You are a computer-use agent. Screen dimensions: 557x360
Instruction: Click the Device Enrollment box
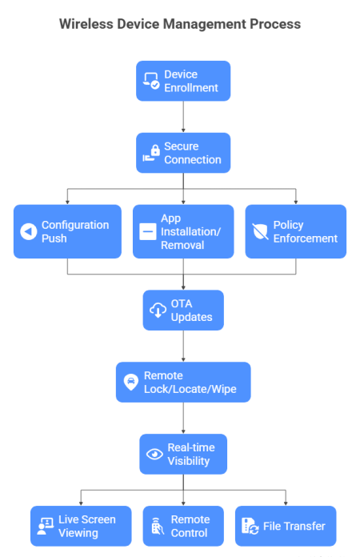(x=183, y=81)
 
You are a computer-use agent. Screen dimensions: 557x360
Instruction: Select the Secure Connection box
(x=183, y=153)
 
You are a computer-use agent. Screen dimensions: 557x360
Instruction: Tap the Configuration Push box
(x=67, y=231)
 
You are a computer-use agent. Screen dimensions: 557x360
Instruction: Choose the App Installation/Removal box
(x=183, y=231)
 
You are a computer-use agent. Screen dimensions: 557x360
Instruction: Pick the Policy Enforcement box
(x=296, y=231)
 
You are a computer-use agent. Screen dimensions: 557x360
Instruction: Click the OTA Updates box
(x=183, y=311)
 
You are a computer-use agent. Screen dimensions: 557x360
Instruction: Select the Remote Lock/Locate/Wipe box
(x=183, y=383)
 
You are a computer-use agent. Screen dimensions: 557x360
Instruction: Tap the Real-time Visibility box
(x=183, y=454)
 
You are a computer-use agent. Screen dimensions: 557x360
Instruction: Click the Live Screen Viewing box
(x=81, y=526)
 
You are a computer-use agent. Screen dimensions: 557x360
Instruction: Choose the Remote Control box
(x=183, y=526)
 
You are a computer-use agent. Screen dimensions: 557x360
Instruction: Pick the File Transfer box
(x=286, y=526)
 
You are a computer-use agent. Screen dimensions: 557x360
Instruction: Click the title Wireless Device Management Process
(x=180, y=24)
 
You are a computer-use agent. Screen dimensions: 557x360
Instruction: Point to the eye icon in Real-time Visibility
(x=154, y=454)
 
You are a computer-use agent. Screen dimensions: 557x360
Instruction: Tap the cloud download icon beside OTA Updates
(x=157, y=311)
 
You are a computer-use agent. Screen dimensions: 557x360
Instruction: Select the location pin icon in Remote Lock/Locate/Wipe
(x=130, y=383)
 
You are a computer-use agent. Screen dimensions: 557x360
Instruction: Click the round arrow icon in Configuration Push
(x=28, y=232)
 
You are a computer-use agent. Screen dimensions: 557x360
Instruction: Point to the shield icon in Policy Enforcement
(x=259, y=232)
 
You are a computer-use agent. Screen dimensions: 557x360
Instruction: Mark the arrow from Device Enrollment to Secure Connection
(x=183, y=117)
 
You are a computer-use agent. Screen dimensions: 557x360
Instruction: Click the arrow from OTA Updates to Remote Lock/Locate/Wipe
(x=183, y=347)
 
